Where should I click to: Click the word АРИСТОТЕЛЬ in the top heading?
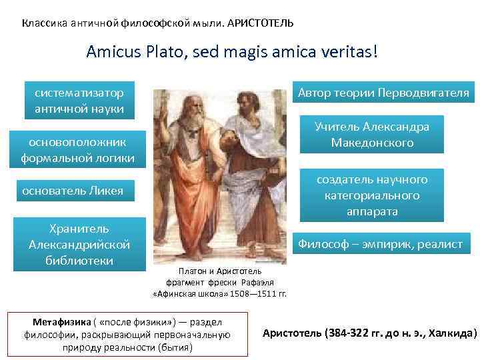click(x=260, y=23)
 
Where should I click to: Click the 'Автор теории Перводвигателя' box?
click(x=383, y=93)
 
